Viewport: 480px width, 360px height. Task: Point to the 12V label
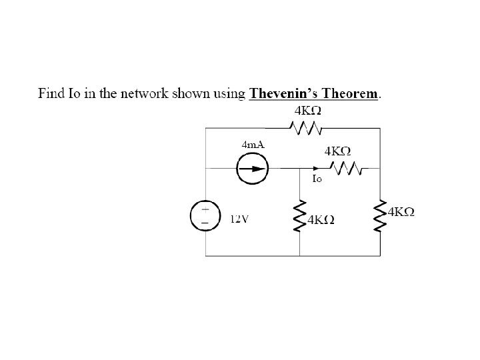coord(239,218)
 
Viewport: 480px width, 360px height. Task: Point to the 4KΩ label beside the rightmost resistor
coord(401,212)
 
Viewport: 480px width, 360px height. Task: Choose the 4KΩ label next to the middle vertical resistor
coord(321,219)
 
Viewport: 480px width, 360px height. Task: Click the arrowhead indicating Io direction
coord(313,169)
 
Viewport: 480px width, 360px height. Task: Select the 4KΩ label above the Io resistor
coord(338,151)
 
